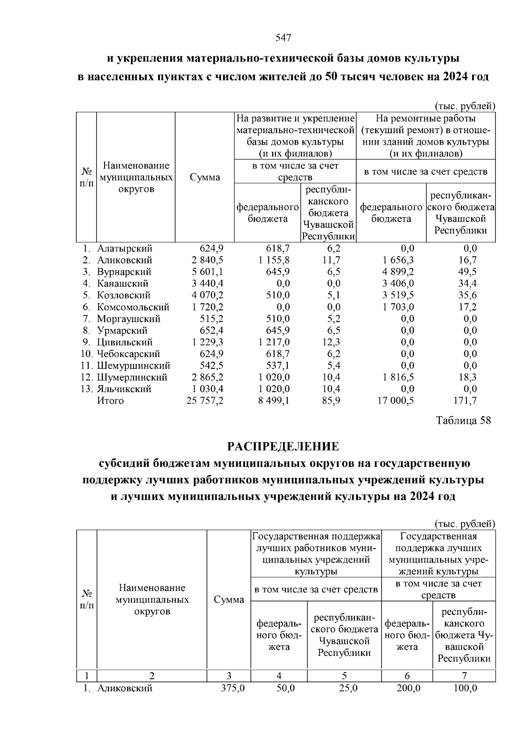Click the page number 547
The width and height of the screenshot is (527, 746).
pyautogui.click(x=283, y=38)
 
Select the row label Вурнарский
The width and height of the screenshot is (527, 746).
pyautogui.click(x=124, y=272)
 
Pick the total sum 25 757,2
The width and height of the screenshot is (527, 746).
pyautogui.click(x=205, y=400)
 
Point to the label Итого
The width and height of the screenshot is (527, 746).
pyautogui.click(x=110, y=400)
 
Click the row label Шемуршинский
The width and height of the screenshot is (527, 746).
pyautogui.click(x=133, y=365)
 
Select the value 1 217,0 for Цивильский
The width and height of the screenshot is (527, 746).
pyautogui.click(x=274, y=342)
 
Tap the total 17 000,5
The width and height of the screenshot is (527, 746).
pyautogui.click(x=396, y=400)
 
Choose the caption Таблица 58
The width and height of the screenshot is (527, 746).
pyautogui.click(x=463, y=421)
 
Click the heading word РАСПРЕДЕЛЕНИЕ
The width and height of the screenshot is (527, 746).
pyautogui.click(x=283, y=447)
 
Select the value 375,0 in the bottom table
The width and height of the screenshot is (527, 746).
pyautogui.click(x=232, y=688)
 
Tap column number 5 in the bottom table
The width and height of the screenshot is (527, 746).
pyautogui.click(x=344, y=676)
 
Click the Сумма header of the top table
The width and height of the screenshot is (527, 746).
pyautogui.click(x=205, y=177)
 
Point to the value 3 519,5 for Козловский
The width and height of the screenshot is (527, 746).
pyautogui.click(x=398, y=295)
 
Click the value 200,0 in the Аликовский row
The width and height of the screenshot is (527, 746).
pyautogui.click(x=408, y=688)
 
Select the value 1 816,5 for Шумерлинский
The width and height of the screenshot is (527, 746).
pyautogui.click(x=398, y=377)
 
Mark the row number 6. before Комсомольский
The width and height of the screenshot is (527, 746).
pyautogui.click(x=87, y=307)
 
